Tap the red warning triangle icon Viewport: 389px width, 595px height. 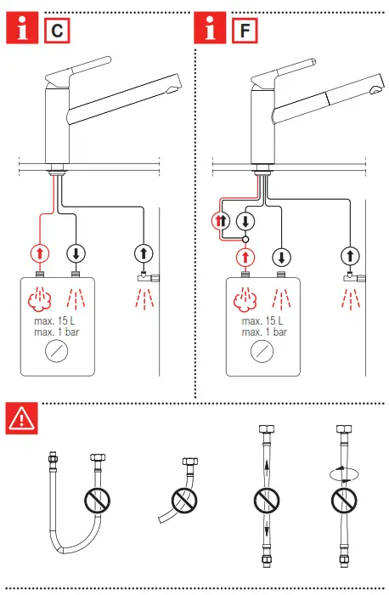tap(20, 417)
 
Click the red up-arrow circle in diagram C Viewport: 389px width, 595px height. tap(39, 252)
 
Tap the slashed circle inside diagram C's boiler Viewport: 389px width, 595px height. tap(59, 354)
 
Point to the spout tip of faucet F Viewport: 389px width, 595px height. tap(375, 90)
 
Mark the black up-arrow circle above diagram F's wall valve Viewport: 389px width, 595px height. tap(348, 255)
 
